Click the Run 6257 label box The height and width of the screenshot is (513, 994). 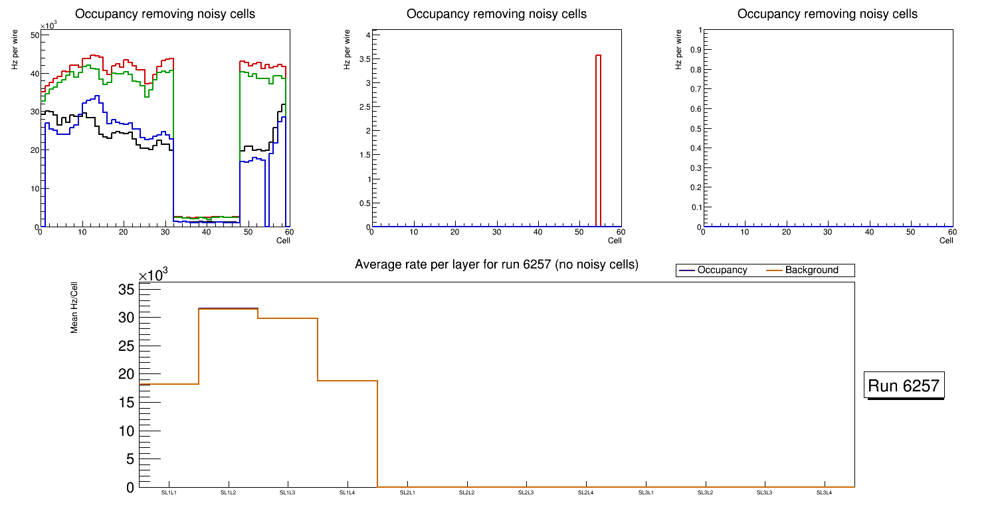tap(905, 385)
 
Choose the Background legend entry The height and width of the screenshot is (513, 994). tap(811, 270)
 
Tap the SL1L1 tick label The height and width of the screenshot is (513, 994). tap(169, 492)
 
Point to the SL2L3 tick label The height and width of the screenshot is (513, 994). tap(526, 492)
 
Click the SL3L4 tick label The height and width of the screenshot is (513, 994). tap(824, 492)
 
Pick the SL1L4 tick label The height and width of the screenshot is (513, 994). tap(348, 492)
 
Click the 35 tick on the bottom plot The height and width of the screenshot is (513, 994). tap(127, 289)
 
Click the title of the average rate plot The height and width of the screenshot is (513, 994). tap(496, 264)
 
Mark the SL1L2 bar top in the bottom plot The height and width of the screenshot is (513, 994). tap(229, 308)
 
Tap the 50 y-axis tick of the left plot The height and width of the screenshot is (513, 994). tap(34, 35)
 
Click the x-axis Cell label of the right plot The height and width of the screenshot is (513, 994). tap(946, 241)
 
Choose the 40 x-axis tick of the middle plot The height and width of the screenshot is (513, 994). tap(538, 232)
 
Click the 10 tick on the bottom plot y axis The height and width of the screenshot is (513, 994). tap(127, 431)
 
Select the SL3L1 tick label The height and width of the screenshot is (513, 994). tap(645, 492)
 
